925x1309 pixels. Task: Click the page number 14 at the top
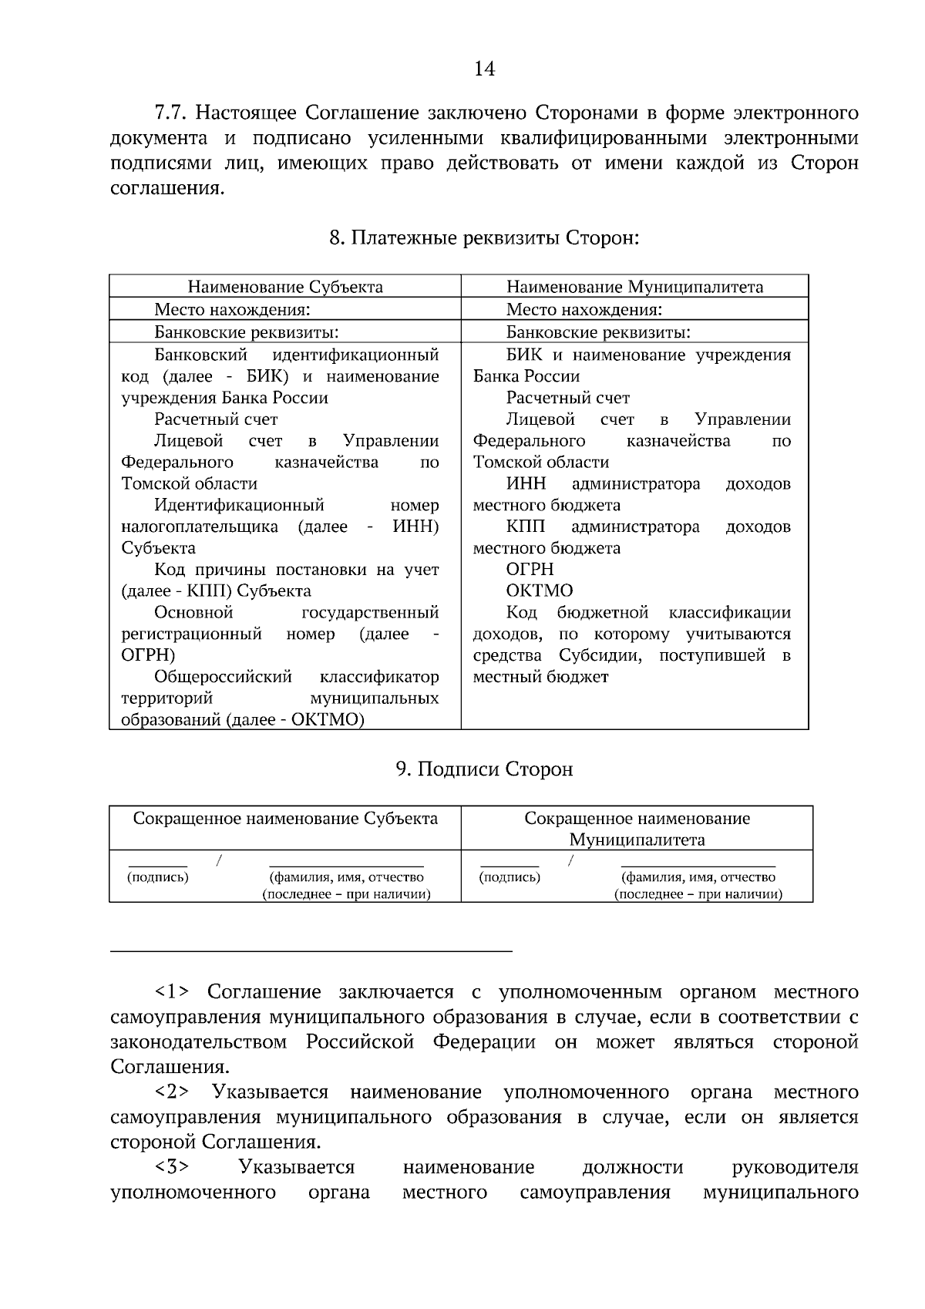[x=484, y=69]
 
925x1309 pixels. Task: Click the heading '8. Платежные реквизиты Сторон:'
[x=484, y=237]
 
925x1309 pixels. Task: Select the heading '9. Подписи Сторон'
[x=484, y=769]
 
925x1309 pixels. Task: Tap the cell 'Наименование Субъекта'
[x=285, y=287]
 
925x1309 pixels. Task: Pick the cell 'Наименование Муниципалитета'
[x=634, y=287]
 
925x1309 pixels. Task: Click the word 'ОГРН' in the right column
[x=530, y=569]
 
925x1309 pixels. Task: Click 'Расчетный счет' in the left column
[x=216, y=419]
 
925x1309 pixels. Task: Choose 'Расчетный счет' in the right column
[x=567, y=398]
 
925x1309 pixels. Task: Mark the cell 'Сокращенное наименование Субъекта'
[x=285, y=818]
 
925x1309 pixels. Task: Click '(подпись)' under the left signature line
[x=157, y=877]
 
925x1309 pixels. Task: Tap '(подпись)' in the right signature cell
[x=510, y=877]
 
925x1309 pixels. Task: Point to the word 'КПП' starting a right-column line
[x=525, y=527]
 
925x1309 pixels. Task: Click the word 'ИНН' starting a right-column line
[x=526, y=483]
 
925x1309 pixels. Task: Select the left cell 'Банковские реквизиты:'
[x=247, y=332]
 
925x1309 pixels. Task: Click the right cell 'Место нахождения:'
[x=584, y=310]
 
